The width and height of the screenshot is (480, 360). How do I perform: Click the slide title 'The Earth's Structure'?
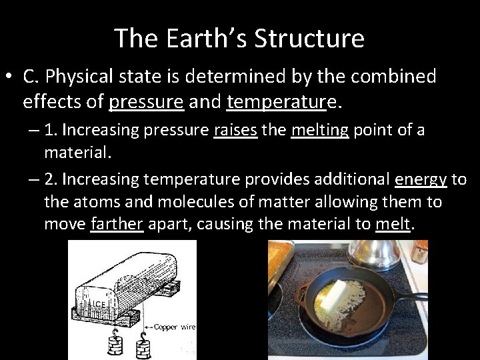pos(239,38)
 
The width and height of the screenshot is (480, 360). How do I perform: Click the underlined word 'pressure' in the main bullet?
pos(146,102)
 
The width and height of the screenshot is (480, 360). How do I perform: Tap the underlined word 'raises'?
pos(235,129)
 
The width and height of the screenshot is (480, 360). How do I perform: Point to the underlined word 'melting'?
pos(319,129)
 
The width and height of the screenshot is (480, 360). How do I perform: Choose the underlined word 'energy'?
pos(420,179)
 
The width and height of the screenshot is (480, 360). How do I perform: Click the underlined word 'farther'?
pos(117,223)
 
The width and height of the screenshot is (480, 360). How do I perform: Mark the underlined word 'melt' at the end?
pos(393,223)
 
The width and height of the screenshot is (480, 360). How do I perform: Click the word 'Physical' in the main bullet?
pos(83,77)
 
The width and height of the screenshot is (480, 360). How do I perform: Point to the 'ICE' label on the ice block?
pos(99,304)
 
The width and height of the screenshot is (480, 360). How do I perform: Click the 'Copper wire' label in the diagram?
pos(175,327)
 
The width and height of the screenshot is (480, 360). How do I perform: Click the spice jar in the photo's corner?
pos(419,251)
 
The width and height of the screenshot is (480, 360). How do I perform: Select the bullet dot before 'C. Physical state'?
pos(8,77)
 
